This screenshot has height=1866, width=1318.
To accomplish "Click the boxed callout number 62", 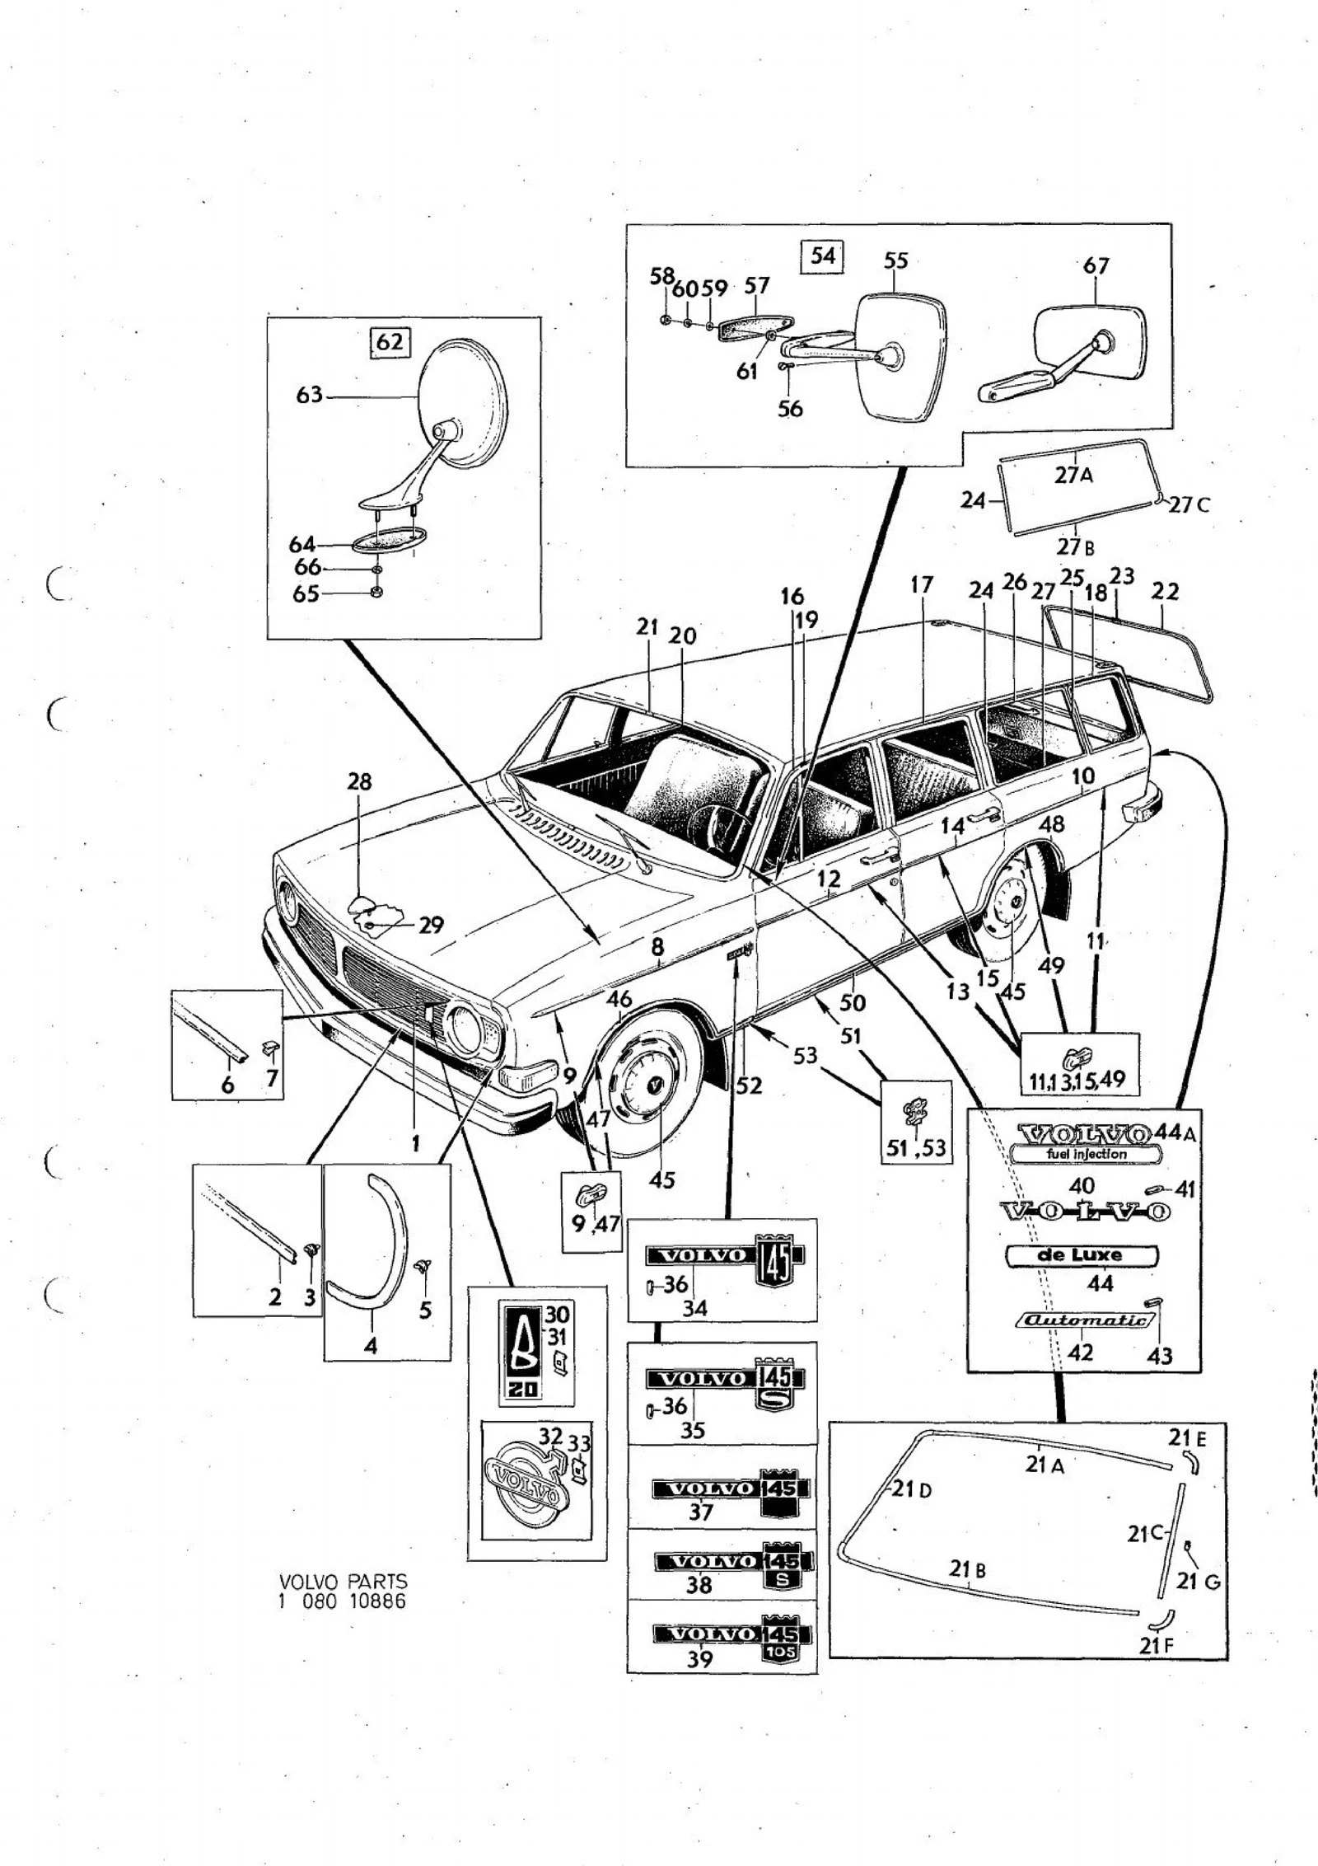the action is click(x=390, y=340).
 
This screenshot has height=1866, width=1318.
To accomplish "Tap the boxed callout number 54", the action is click(x=823, y=255).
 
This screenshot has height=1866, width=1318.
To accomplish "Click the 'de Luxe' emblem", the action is click(x=1082, y=1254).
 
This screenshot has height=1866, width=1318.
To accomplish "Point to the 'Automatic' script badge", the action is click(x=1085, y=1320).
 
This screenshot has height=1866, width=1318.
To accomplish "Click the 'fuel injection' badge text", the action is click(x=1087, y=1154).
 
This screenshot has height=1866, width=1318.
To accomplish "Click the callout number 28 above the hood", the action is click(x=360, y=781).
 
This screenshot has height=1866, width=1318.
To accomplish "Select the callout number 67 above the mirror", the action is click(x=1096, y=265).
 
